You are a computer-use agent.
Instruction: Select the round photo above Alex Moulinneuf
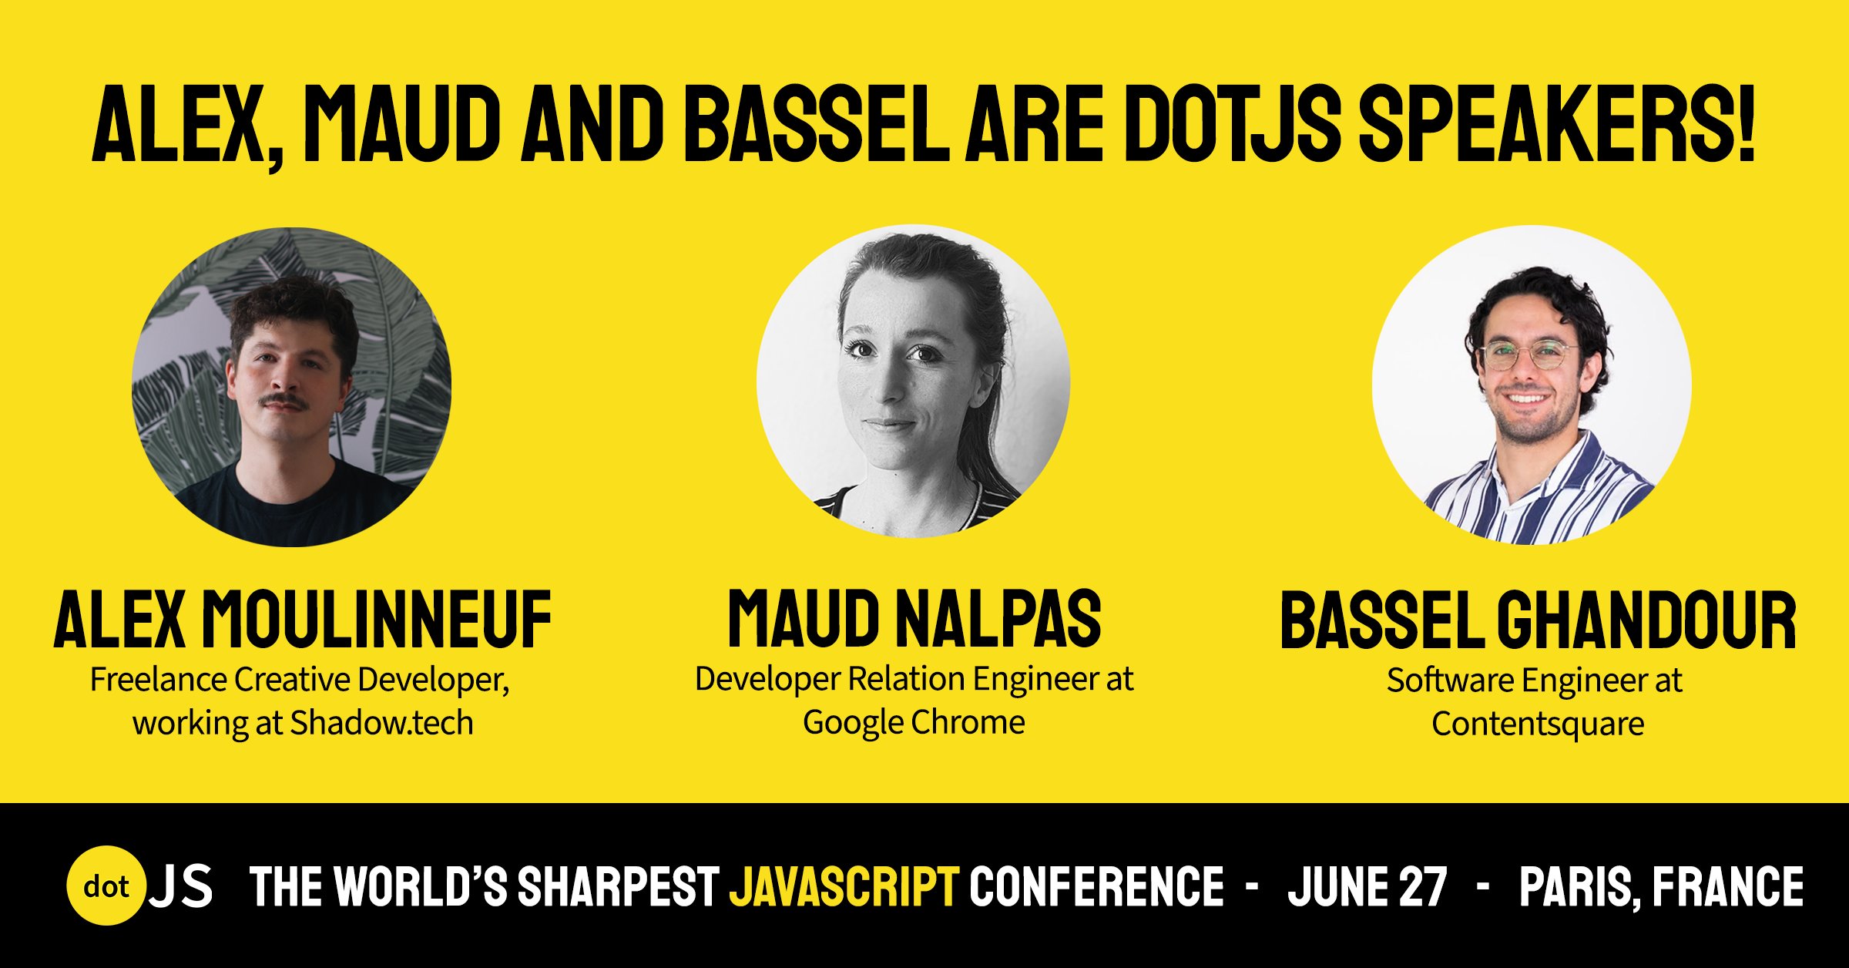coord(291,387)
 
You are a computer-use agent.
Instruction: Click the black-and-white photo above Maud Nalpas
coord(913,381)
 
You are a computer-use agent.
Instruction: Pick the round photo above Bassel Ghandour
coord(1532,385)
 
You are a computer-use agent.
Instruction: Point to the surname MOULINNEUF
coord(377,618)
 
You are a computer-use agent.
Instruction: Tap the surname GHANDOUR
coord(1647,620)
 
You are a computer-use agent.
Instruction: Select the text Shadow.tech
coord(381,723)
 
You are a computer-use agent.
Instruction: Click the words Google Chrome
coord(914,723)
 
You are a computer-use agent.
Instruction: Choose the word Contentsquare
coord(1538,724)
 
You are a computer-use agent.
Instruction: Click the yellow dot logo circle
coord(106,886)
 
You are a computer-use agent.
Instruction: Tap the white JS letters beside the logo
coord(180,886)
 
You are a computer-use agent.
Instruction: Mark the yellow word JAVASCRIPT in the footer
coord(844,886)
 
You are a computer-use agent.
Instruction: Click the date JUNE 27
coord(1367,886)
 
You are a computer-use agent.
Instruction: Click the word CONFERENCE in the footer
coord(1096,886)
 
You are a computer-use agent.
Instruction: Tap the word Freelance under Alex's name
coord(158,680)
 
